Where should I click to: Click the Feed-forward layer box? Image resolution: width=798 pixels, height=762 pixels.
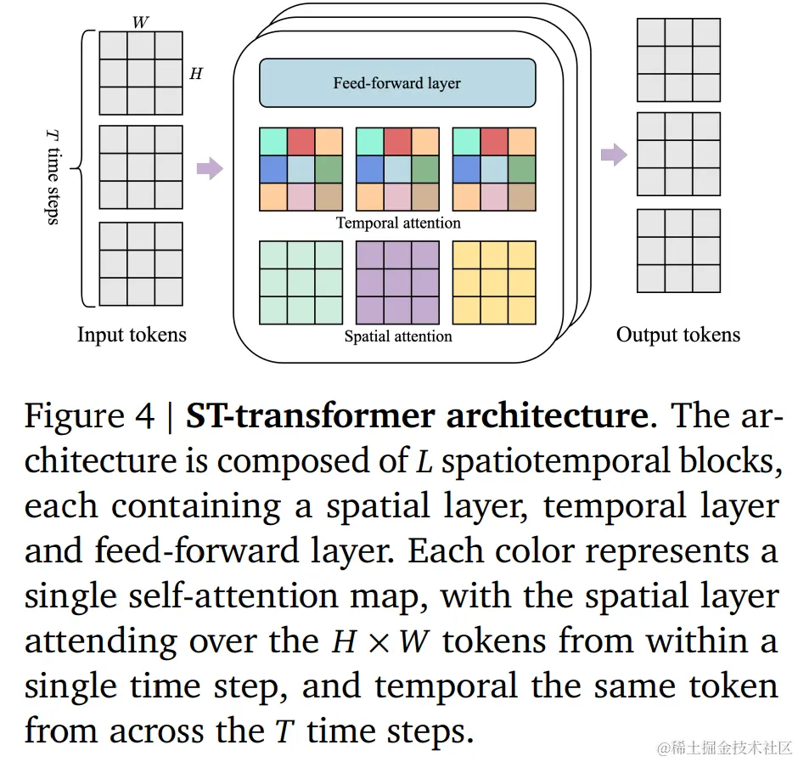[x=397, y=83]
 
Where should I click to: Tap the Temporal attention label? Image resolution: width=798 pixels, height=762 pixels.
[x=398, y=223]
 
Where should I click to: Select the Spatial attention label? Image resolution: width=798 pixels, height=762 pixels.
[x=398, y=336]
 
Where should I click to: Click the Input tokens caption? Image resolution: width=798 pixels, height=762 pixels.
[x=132, y=335]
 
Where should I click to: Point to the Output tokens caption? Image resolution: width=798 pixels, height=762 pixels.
[x=678, y=335]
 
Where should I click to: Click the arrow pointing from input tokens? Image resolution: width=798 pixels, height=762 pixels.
[x=209, y=168]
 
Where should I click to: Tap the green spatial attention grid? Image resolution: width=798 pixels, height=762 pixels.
[x=301, y=283]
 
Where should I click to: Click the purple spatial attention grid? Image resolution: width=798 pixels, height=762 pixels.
[x=397, y=283]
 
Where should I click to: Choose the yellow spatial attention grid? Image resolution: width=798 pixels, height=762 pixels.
[x=494, y=283]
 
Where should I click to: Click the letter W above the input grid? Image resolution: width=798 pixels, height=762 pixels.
[x=141, y=22]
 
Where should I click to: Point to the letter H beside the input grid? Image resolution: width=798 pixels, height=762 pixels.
[x=196, y=74]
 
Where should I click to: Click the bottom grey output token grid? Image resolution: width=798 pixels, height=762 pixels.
[x=678, y=251]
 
